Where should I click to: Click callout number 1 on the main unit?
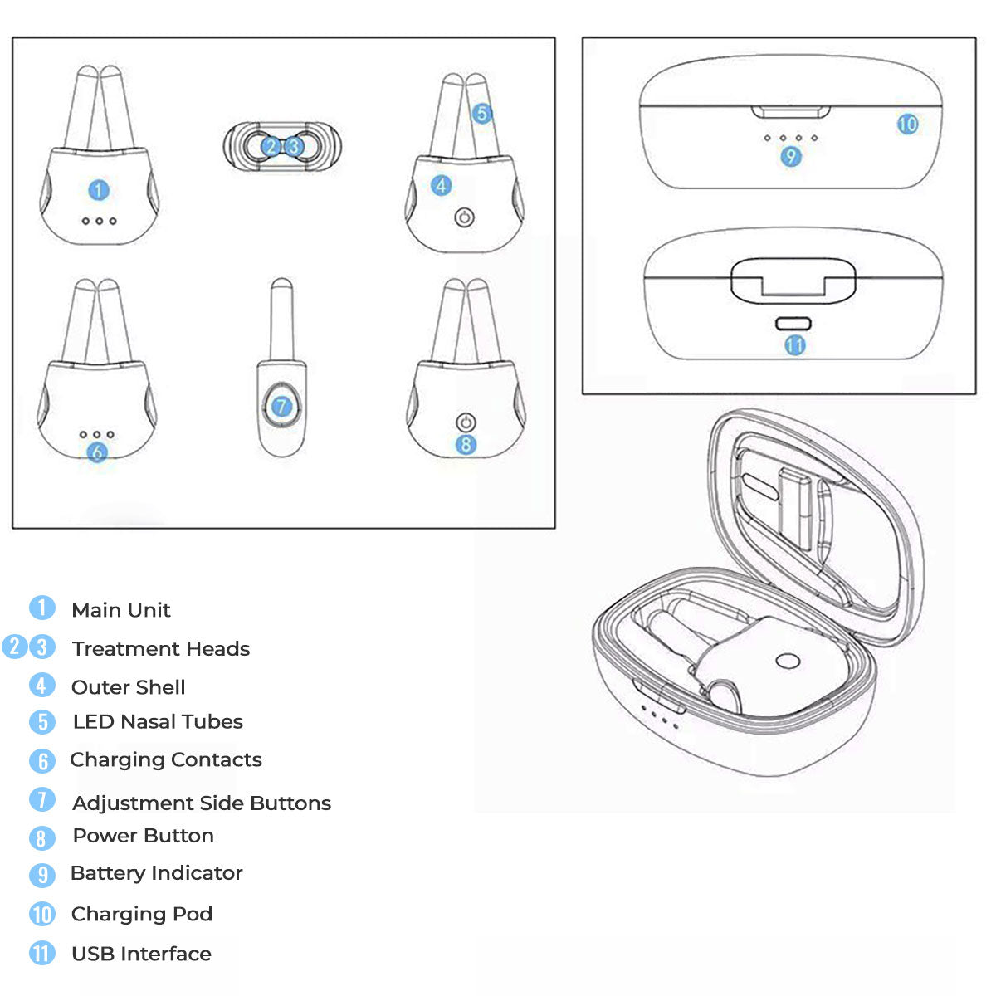point(99,190)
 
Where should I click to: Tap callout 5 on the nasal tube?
point(481,113)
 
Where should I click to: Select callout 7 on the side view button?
point(281,406)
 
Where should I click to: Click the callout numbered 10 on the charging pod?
point(908,124)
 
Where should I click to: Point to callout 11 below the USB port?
point(795,345)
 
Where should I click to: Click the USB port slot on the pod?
point(793,324)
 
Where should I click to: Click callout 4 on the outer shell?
point(441,186)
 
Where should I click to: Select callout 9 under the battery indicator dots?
point(791,156)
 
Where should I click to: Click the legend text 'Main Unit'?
point(121,610)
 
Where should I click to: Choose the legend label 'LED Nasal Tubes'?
point(158,721)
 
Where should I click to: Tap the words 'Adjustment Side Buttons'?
point(202,803)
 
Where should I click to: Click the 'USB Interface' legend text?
point(142,954)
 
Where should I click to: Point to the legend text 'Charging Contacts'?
point(166,759)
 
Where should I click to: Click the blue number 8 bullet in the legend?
point(41,837)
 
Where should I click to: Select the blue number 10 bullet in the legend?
point(41,914)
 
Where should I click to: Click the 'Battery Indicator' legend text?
point(157,873)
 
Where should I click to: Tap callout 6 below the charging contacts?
point(97,452)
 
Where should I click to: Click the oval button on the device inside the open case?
point(788,661)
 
